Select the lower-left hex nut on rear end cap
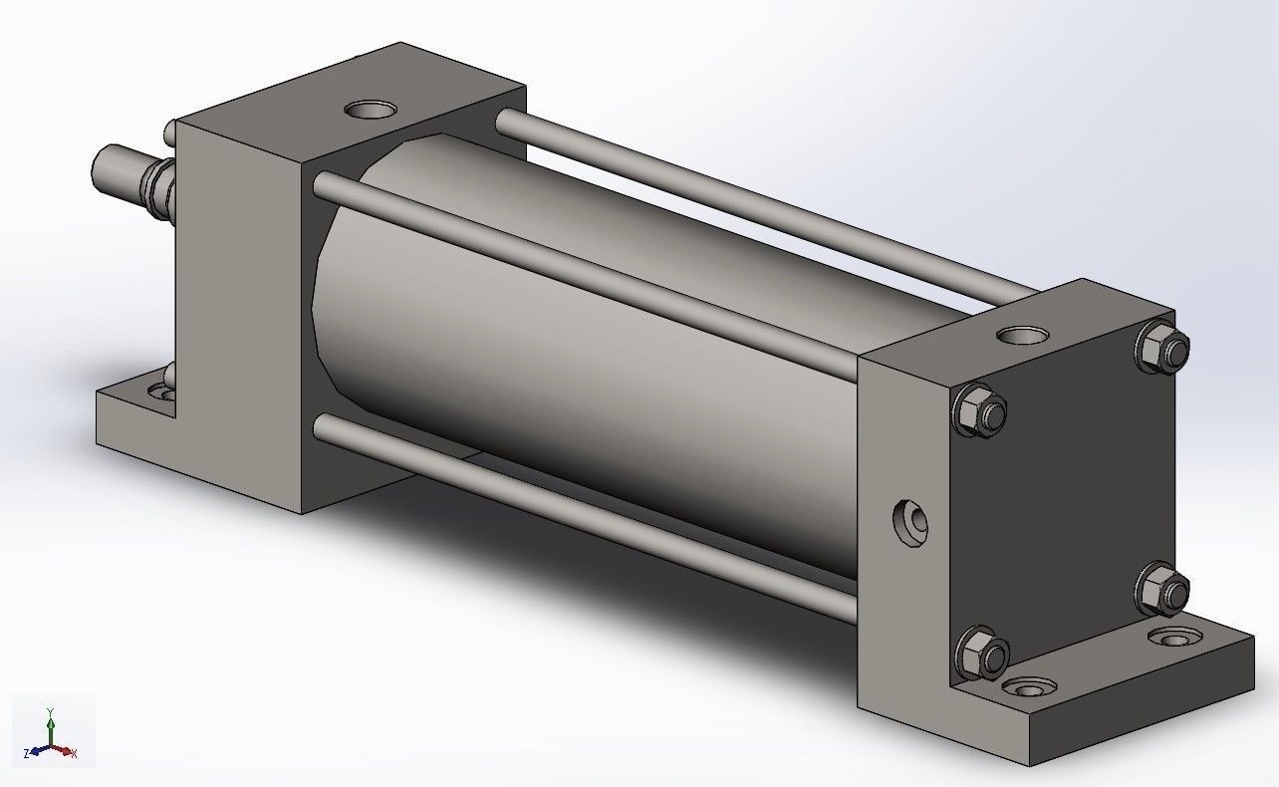click(982, 653)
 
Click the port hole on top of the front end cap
click(368, 109)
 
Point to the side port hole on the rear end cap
click(910, 522)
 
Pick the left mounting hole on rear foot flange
click(1029, 687)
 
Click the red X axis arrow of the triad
click(68, 751)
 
